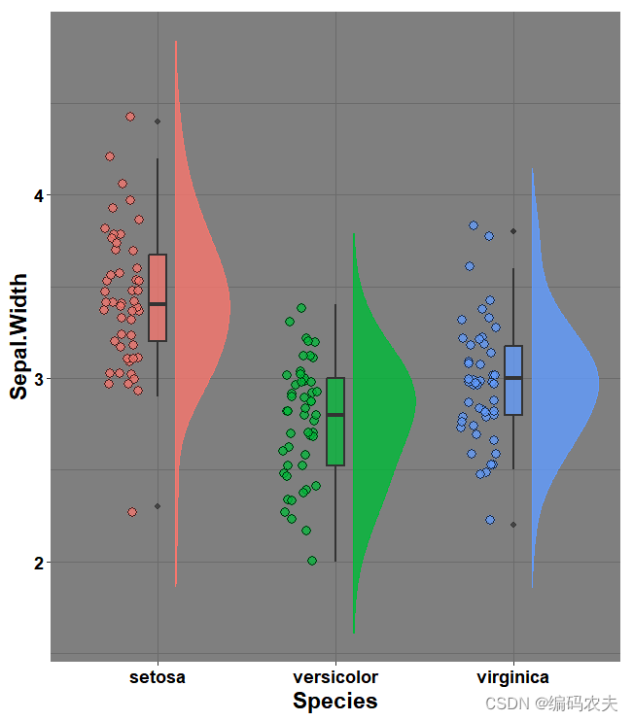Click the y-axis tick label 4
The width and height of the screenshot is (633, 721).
coord(38,195)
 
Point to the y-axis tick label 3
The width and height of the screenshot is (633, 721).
coord(38,378)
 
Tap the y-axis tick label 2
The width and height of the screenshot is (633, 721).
coord(38,562)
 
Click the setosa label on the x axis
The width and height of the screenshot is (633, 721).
coord(158,677)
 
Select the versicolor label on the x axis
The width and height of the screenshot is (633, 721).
coord(335,677)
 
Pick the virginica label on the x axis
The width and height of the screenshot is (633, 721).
coord(512,677)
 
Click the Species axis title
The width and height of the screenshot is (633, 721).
coord(335,701)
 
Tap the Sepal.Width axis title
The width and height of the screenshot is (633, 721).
coord(18,336)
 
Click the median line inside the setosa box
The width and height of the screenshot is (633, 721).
coord(158,304)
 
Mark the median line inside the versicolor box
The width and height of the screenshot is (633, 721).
coord(335,415)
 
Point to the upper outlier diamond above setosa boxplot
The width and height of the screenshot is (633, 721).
coord(158,121)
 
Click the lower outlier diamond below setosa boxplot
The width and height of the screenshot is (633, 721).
coord(158,506)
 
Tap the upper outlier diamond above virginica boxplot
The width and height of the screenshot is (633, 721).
coord(513,231)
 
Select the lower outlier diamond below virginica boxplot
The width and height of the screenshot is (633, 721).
coord(513,525)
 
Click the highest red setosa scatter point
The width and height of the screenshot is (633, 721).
coord(130,117)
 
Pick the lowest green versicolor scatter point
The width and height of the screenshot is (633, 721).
coord(312,561)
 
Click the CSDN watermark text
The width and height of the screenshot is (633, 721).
coord(551,703)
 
